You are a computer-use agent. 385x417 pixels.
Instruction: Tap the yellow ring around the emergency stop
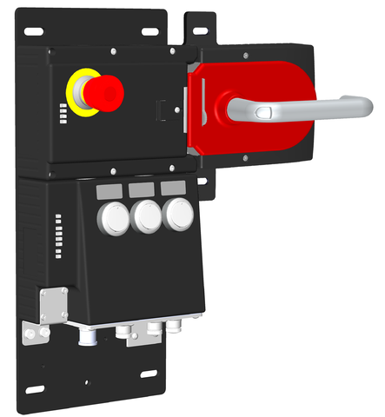click(x=76, y=103)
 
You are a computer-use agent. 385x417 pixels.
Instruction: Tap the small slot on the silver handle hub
click(x=264, y=110)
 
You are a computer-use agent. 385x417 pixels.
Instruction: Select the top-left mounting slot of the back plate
click(x=35, y=32)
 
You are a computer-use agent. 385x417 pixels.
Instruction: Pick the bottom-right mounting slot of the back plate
click(x=149, y=374)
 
